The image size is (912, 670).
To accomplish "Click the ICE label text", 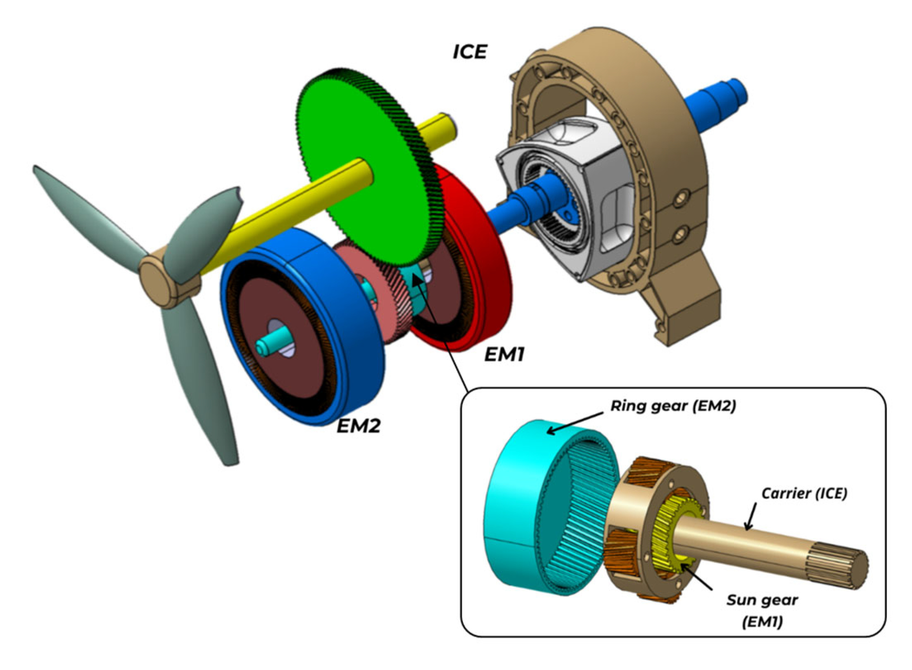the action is point(470,52).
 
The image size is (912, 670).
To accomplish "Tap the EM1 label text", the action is point(504,354).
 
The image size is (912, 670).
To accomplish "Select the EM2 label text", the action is point(359,426).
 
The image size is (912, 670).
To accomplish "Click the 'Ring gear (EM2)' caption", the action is point(673,406).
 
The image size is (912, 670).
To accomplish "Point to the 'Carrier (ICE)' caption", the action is point(804,493).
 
